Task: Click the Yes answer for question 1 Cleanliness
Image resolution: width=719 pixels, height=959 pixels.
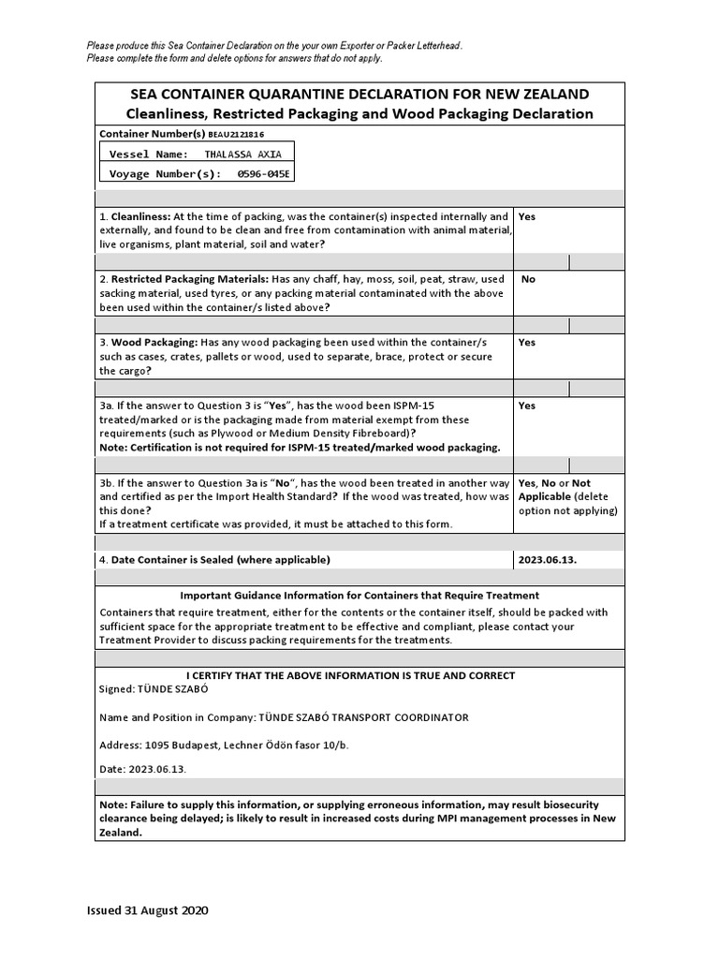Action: [527, 216]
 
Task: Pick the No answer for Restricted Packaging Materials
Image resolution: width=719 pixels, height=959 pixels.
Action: [528, 279]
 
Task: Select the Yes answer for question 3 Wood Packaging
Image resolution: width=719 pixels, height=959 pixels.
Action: [527, 343]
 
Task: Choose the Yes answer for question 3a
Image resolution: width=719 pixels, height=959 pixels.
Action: [527, 406]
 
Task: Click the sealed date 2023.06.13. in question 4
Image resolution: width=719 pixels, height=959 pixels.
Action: [547, 560]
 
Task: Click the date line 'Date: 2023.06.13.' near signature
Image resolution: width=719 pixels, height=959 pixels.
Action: [143, 769]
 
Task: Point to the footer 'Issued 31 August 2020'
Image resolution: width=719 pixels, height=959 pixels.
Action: [147, 910]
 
